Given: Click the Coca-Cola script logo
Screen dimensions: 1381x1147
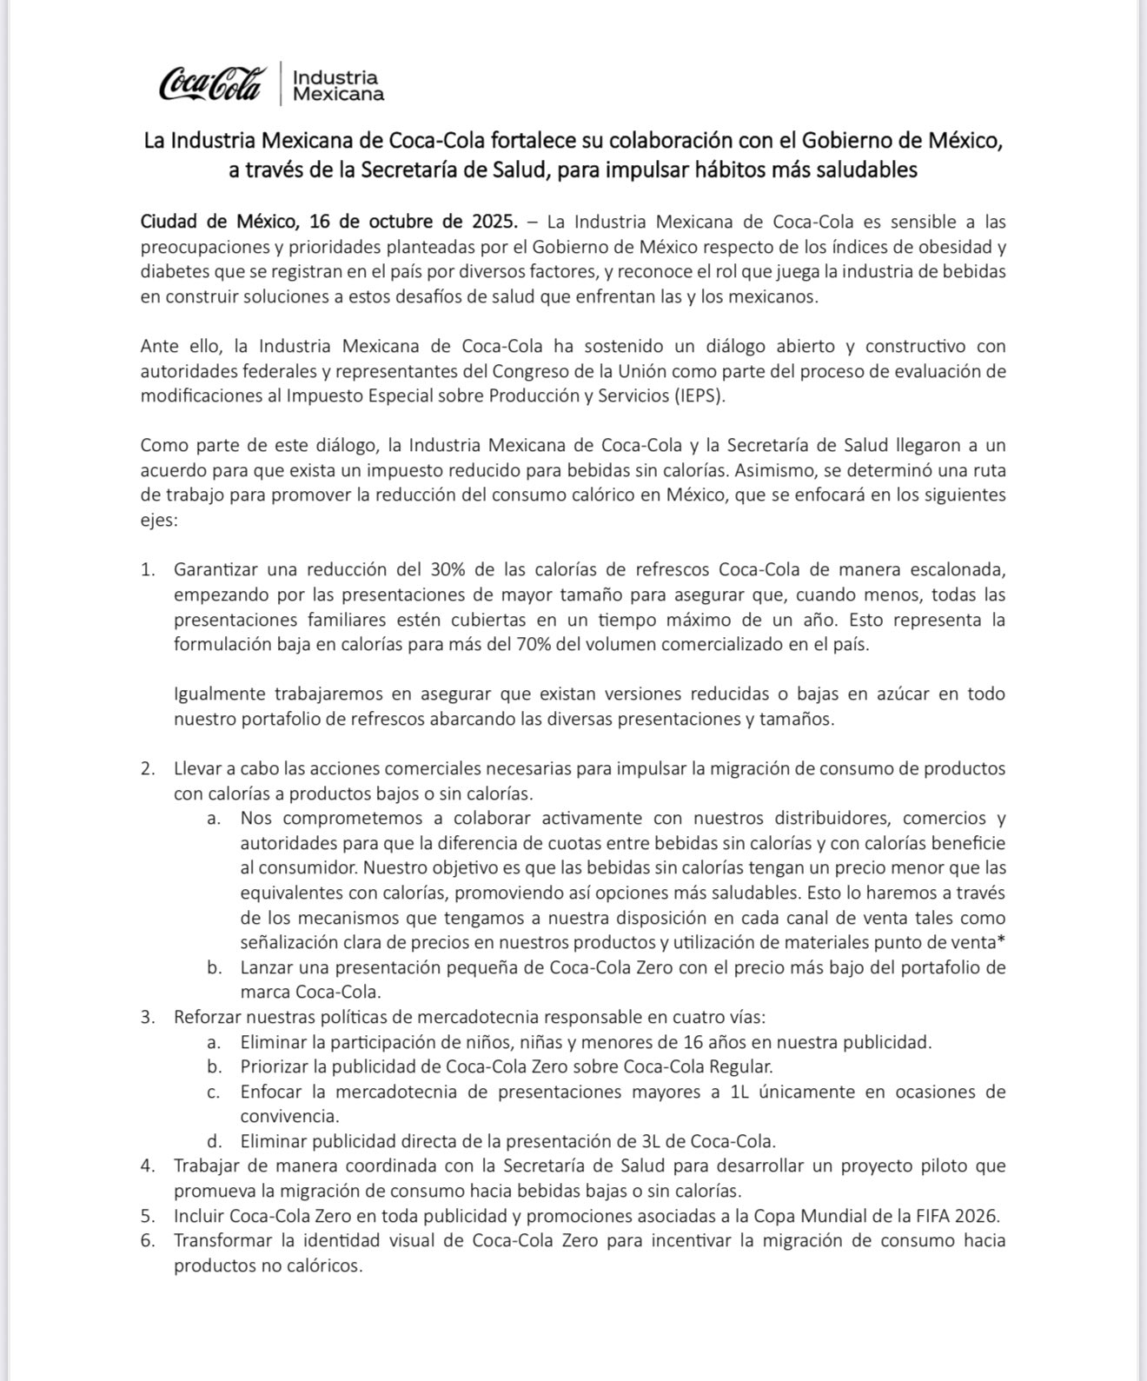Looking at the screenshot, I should point(209,83).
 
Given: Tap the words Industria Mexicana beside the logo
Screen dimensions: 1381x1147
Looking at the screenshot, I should point(338,84).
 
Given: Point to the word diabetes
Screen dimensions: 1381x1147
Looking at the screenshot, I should point(173,271).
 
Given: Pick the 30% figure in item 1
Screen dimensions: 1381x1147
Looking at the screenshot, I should point(449,570).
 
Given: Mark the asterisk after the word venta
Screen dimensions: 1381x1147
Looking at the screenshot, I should point(1002,941).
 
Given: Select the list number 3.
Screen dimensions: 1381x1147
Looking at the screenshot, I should point(147,1017).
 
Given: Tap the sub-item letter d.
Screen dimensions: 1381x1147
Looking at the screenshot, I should point(212,1141).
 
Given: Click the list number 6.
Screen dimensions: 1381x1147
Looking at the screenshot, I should point(147,1241).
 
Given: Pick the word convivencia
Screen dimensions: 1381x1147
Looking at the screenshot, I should point(288,1116).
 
